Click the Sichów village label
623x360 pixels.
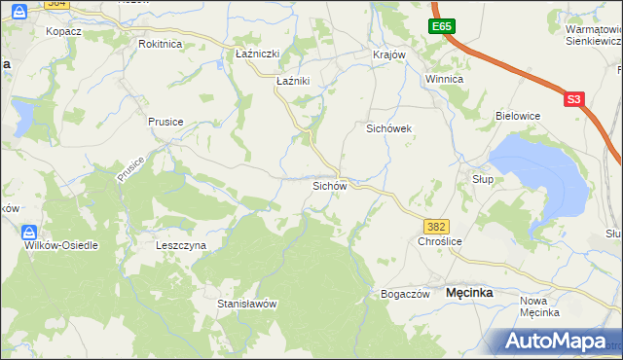329,185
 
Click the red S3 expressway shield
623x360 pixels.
573,98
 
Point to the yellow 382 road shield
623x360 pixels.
437,226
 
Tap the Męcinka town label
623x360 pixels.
469,293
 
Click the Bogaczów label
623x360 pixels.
405,294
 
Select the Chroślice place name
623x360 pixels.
438,241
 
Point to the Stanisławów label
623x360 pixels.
247,304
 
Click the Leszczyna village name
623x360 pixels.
181,246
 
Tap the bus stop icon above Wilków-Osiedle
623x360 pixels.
30,232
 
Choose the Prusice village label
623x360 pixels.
165,122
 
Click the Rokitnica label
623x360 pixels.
161,44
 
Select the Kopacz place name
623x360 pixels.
63,31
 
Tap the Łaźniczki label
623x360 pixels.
258,54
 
